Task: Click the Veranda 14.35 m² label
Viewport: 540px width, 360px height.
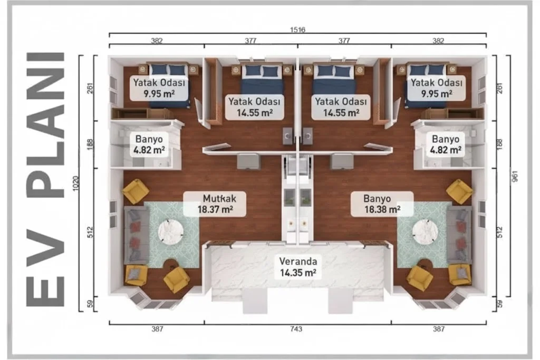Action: click(x=298, y=267)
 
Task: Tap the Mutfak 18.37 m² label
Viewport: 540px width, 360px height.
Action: click(x=215, y=204)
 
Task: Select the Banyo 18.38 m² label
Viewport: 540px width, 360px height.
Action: click(x=382, y=204)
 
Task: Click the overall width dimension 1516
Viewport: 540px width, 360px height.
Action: click(x=297, y=30)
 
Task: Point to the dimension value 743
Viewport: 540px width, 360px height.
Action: click(x=296, y=329)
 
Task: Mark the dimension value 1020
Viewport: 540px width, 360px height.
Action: click(x=76, y=183)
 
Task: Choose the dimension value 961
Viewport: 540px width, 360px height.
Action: click(x=515, y=176)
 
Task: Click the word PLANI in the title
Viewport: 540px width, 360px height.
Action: click(x=46, y=125)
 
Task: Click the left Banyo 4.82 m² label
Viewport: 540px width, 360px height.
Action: click(x=149, y=144)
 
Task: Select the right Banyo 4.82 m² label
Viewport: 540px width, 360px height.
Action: click(x=446, y=144)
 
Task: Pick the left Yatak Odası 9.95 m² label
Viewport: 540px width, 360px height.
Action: click(x=159, y=88)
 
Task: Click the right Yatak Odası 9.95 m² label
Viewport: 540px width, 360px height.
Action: click(x=437, y=88)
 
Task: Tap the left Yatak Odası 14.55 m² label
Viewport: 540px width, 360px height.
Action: click(x=255, y=107)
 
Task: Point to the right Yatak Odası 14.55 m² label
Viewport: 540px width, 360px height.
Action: click(x=341, y=107)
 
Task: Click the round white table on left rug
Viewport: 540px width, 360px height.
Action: click(x=171, y=231)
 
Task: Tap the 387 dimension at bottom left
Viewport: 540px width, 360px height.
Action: click(x=157, y=329)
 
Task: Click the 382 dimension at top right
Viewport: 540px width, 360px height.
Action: click(x=438, y=41)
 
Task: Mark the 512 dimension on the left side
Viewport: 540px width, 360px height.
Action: click(x=90, y=232)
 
